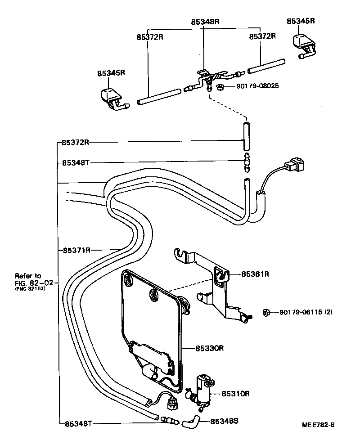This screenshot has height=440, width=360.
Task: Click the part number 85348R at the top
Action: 204,21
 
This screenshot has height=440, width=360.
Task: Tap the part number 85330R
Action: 210,348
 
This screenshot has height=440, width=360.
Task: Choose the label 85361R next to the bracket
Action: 255,274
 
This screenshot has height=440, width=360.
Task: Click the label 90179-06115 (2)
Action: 306,312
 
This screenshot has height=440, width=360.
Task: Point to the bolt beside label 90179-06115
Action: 266,312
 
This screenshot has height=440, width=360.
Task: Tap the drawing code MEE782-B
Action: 318,424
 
